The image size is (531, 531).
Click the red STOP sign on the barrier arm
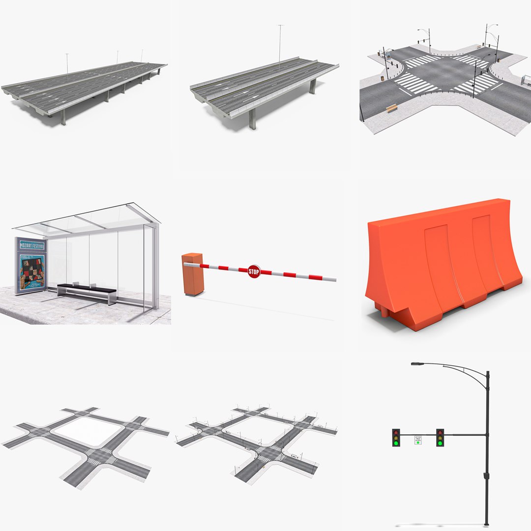coord(254,271)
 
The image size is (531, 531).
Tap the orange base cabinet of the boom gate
coord(192,274)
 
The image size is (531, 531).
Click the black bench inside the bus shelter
coord(87,290)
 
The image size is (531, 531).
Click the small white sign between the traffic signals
coord(418,439)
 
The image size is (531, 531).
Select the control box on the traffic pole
coord(486,476)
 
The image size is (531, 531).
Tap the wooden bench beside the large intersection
coord(391,108)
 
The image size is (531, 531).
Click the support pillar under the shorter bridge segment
coord(253,119)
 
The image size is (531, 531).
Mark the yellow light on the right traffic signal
coord(440,437)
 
